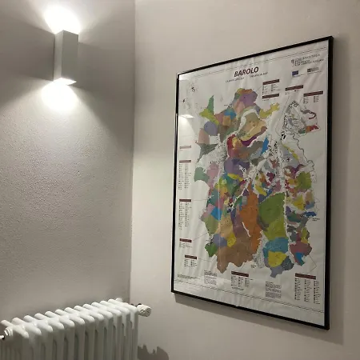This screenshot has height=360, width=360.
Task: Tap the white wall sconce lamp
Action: [x=66, y=56]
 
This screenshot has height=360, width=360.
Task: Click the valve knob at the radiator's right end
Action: [x=143, y=310]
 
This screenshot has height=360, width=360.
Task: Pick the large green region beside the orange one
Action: [x=272, y=212]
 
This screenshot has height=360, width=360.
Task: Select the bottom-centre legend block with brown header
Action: [x=240, y=280]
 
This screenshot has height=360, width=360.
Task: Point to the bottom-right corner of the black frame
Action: [x=326, y=327]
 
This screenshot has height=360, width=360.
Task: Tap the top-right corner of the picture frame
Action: [x=330, y=38]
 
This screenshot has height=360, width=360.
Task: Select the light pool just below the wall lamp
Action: [x=59, y=96]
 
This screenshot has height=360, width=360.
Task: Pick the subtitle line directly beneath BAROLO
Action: [x=246, y=81]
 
